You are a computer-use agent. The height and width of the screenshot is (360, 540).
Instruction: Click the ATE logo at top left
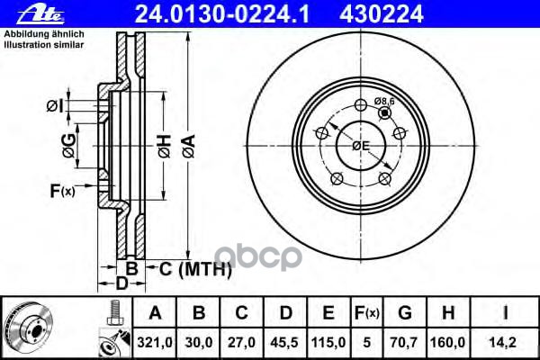(x=24, y=11)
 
